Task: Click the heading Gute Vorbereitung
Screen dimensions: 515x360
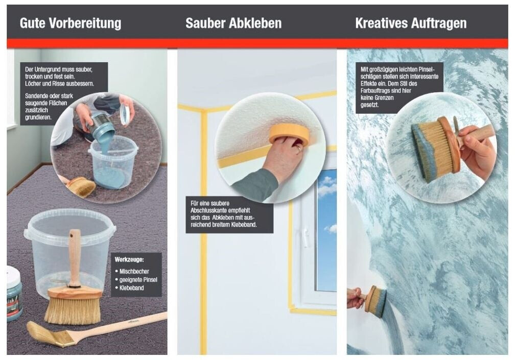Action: (x=71, y=23)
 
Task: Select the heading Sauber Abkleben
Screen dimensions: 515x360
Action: (x=233, y=23)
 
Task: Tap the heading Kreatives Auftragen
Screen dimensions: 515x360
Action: (x=411, y=23)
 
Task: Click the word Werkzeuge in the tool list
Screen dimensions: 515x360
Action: (x=129, y=259)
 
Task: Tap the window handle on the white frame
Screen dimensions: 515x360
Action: (x=306, y=237)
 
